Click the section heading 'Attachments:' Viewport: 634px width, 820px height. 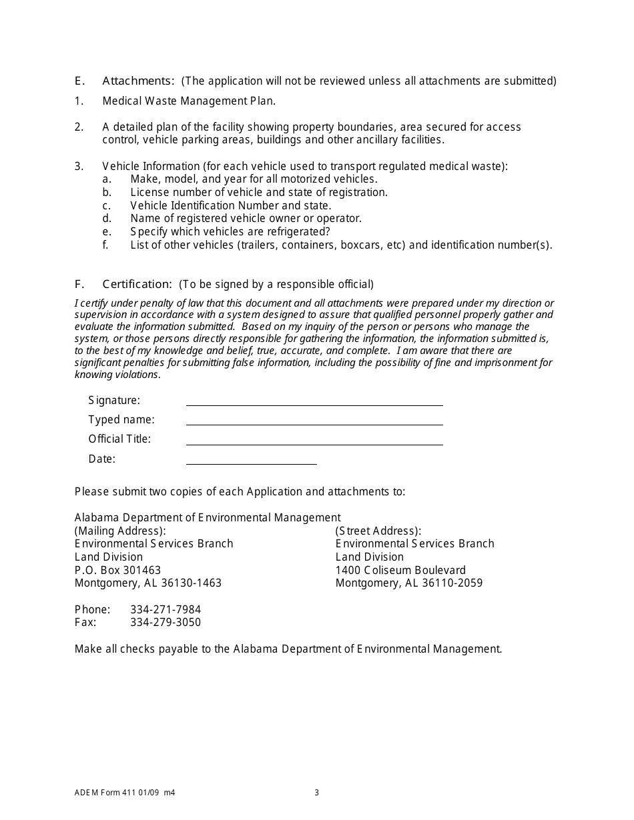(138, 81)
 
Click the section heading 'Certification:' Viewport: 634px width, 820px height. (137, 284)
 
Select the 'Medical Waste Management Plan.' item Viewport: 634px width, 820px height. (189, 101)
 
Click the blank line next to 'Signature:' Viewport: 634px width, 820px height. (314, 400)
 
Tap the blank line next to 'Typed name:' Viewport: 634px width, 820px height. (314, 419)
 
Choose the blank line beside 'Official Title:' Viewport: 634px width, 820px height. (314, 439)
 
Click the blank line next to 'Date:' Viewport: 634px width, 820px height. (251, 459)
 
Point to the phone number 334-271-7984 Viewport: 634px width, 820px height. (166, 609)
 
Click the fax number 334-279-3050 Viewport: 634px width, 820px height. (166, 623)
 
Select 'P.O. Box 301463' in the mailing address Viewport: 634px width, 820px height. (117, 570)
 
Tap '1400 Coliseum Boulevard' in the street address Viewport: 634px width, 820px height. (400, 570)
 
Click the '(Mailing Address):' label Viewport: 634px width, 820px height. (120, 531)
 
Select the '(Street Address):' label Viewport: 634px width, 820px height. (378, 531)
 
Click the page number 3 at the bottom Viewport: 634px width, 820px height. (317, 793)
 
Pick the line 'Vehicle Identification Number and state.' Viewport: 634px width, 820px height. (230, 205)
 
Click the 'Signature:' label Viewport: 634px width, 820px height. (114, 400)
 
